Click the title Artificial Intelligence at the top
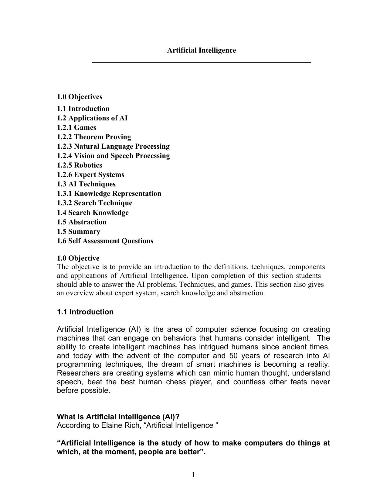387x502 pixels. click(201, 50)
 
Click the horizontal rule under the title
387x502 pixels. click(201, 62)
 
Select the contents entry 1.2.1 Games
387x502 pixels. click(76, 128)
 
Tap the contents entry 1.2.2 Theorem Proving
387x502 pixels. click(94, 137)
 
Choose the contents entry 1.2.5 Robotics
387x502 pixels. click(80, 165)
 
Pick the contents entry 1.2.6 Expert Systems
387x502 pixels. click(90, 175)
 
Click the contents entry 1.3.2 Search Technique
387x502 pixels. click(94, 203)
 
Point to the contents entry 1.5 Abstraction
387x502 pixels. click(82, 222)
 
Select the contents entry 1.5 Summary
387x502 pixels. click(78, 232)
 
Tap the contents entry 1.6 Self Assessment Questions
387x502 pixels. click(105, 241)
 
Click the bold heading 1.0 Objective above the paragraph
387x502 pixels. click(78, 258)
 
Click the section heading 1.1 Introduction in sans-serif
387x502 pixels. click(85, 312)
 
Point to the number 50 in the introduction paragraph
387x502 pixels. click(233, 356)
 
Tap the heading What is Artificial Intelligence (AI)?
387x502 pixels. click(118, 417)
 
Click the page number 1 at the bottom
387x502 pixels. click(193, 475)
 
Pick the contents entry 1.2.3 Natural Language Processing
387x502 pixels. click(113, 147)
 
